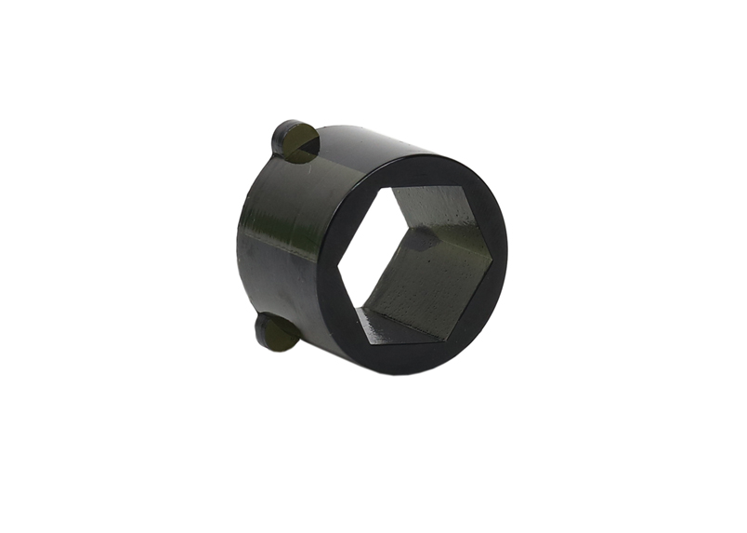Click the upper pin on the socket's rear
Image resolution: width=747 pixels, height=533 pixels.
point(293,140)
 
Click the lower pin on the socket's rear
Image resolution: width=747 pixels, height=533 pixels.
point(277,332)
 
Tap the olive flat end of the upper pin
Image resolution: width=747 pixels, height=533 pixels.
point(302,146)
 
